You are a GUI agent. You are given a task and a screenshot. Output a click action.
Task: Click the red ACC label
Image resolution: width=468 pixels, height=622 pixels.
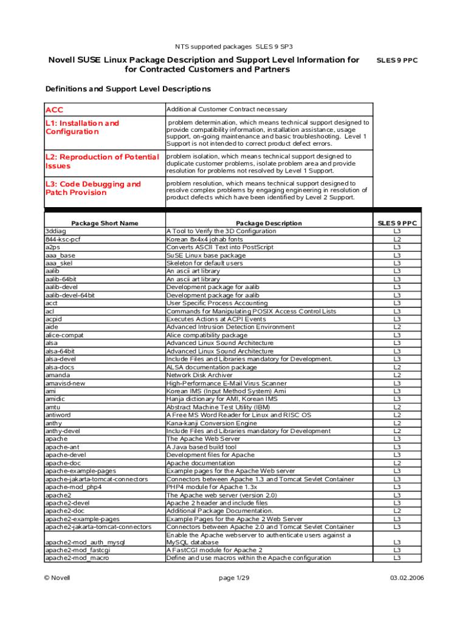tap(54, 110)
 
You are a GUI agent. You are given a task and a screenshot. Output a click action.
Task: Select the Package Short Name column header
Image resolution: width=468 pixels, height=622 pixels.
tap(105, 223)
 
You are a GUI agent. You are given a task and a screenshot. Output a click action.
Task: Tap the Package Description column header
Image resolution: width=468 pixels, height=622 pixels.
tap(269, 223)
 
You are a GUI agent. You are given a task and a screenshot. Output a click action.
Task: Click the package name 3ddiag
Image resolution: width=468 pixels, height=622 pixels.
tap(56, 231)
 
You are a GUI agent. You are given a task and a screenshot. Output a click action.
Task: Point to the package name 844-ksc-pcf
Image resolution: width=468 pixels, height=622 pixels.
tap(63, 239)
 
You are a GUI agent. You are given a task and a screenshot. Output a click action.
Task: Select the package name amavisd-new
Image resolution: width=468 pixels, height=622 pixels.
tap(66, 383)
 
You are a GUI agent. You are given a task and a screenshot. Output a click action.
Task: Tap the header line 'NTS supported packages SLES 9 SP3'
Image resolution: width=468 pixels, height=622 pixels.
tap(233, 46)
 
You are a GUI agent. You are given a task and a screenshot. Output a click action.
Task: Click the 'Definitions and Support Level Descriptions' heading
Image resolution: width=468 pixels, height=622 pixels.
tap(128, 89)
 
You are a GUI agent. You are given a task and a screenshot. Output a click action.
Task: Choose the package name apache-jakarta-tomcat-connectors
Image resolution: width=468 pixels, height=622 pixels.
tap(97, 479)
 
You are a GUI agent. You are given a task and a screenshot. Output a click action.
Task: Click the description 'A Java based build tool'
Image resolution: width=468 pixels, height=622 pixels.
tap(202, 446)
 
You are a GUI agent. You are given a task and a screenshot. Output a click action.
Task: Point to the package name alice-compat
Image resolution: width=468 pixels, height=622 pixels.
tap(64, 335)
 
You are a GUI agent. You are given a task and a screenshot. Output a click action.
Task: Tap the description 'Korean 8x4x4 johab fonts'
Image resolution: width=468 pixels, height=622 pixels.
tap(206, 239)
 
